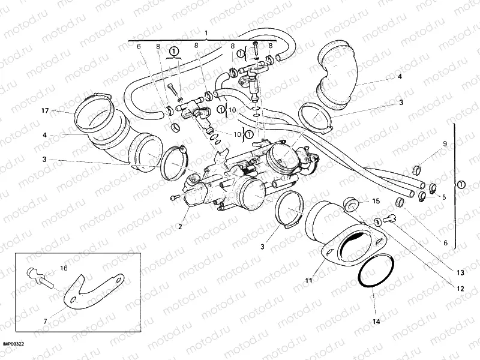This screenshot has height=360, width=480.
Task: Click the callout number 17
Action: (x=44, y=111)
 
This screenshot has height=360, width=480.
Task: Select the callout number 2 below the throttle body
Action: (x=179, y=226)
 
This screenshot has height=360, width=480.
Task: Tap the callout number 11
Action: (x=308, y=262)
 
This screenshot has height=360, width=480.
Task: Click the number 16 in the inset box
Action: (x=63, y=268)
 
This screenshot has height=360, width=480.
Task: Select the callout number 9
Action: (x=445, y=143)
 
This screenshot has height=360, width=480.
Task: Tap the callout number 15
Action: (x=376, y=201)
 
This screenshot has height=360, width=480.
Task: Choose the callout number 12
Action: (x=460, y=289)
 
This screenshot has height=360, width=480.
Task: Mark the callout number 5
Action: (x=444, y=197)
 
